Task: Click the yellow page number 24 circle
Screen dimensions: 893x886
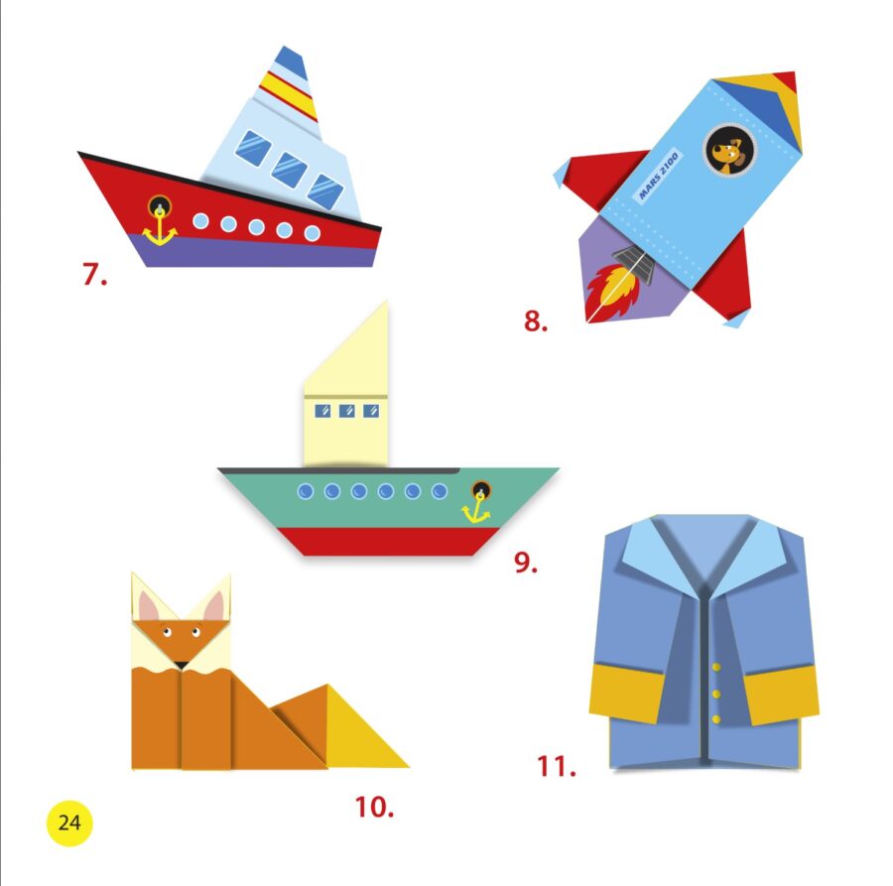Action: tap(68, 823)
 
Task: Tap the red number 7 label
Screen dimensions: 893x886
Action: tap(94, 274)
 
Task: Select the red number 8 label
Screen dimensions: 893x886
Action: tap(536, 320)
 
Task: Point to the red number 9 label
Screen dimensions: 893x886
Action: tap(525, 562)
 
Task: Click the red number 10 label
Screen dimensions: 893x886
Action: tap(374, 807)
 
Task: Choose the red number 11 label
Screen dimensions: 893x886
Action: tap(557, 766)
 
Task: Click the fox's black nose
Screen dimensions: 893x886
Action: tap(182, 665)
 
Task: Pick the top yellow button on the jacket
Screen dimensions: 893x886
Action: tap(716, 667)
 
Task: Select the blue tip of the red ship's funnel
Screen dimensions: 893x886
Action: tap(292, 63)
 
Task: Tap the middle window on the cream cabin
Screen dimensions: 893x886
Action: tap(347, 411)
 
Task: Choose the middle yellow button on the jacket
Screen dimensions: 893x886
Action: tap(716, 694)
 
